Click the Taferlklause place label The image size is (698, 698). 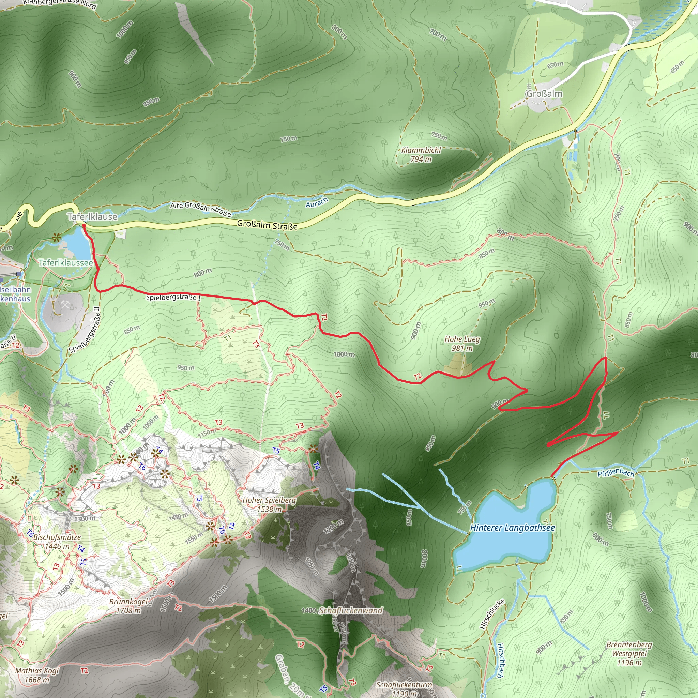(92, 217)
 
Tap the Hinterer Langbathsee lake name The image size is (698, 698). (512, 528)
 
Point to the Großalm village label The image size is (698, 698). (544, 94)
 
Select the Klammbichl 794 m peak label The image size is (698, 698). (421, 155)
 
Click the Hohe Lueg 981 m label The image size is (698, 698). (462, 344)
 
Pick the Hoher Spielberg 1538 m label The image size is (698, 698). (269, 505)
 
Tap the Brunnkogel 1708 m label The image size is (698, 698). (128, 606)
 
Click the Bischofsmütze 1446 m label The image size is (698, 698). (57, 542)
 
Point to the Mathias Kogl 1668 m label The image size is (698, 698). (37, 675)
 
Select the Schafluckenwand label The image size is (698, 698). (350, 610)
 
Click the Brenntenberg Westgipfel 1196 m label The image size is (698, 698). (629, 654)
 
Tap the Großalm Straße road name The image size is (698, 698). (267, 225)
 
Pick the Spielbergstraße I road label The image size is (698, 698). (173, 297)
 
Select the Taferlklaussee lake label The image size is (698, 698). (66, 263)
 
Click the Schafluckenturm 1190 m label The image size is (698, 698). (404, 689)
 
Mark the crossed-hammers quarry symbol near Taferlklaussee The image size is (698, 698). (65, 305)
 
